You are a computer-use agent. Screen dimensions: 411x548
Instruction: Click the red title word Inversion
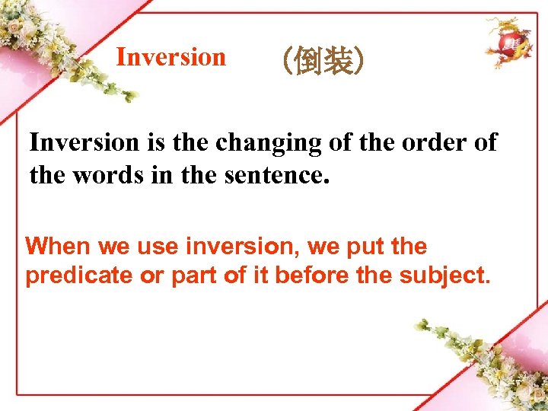pos(170,57)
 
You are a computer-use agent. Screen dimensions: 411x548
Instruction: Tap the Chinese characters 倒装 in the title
pos(323,61)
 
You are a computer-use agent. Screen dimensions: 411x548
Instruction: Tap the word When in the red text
pos(56,247)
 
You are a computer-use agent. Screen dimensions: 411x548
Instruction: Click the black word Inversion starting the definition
pos(84,142)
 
